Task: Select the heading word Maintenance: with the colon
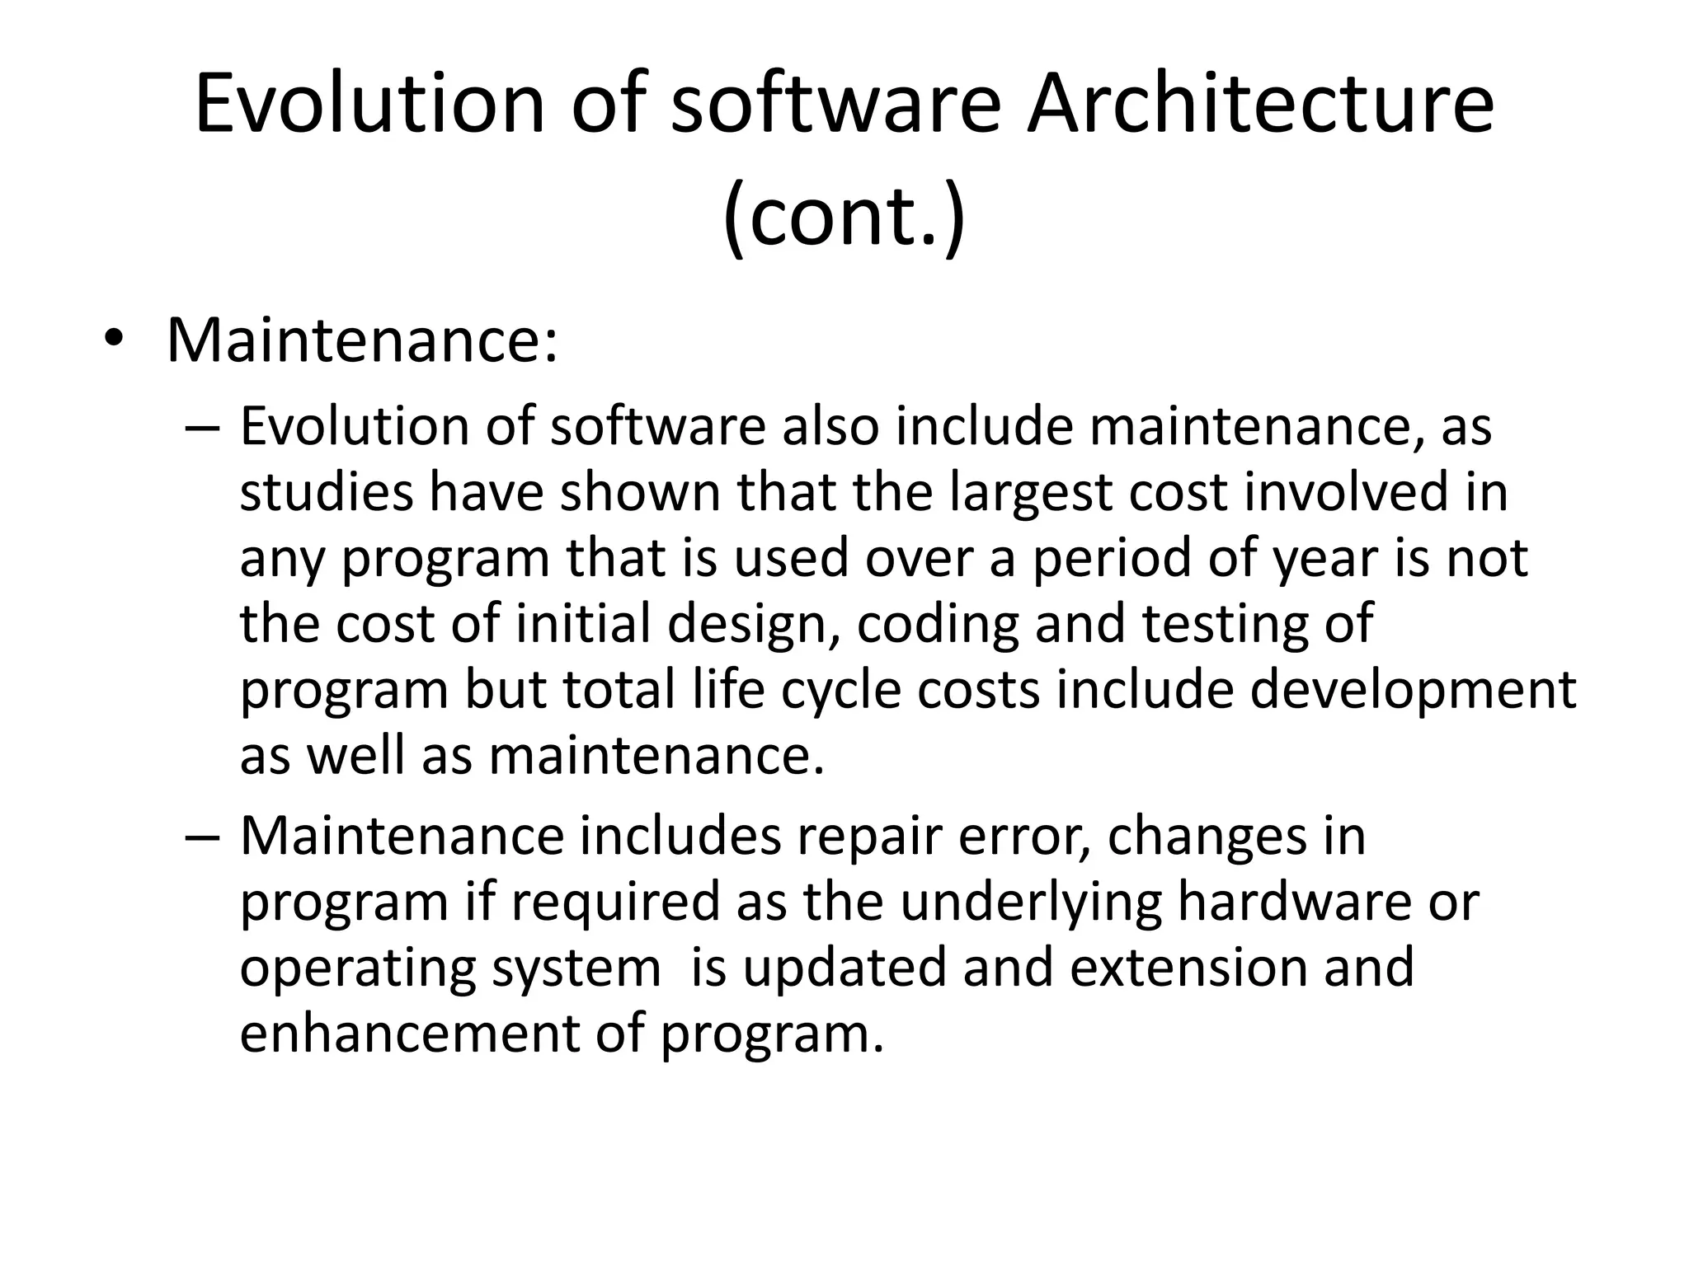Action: pyautogui.click(x=362, y=340)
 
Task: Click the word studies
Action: pyautogui.click(x=327, y=493)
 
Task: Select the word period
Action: pyautogui.click(x=1113, y=559)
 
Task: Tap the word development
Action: pyautogui.click(x=1412, y=691)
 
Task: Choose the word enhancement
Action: pyautogui.click(x=409, y=1034)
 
